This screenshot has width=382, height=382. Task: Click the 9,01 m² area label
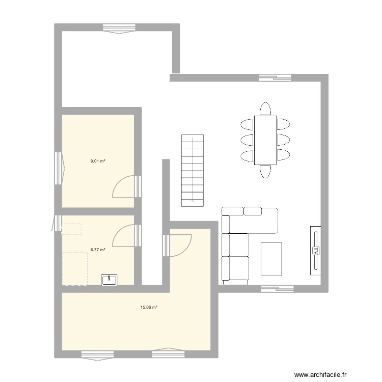coord(98,161)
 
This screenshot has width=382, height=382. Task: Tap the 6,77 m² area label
coord(98,250)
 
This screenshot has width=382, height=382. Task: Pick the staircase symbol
coord(192,170)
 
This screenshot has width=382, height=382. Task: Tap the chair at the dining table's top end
coord(265,108)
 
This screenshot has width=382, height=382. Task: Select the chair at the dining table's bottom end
coord(265,172)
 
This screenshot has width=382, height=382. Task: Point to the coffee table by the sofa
coord(271,259)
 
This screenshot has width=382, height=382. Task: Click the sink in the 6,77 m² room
coord(110,280)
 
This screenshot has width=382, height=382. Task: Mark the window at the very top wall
coord(120,28)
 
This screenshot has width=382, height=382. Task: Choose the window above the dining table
coord(275,78)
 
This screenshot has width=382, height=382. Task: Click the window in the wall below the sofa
coord(278,289)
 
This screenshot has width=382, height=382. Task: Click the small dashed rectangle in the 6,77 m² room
coord(71,229)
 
